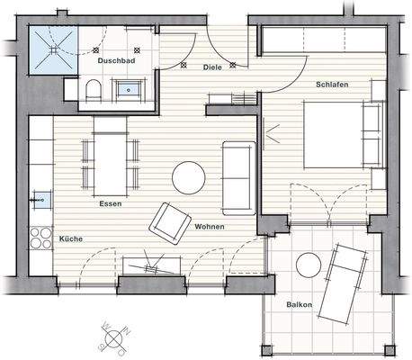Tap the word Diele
[212, 67]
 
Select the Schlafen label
[332, 85]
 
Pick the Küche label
[71, 240]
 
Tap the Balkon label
[300, 304]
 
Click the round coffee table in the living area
[190, 176]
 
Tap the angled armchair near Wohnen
[170, 222]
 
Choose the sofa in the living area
[238, 177]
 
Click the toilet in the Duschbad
[93, 90]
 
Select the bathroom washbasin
[131, 89]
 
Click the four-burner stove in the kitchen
[41, 238]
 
